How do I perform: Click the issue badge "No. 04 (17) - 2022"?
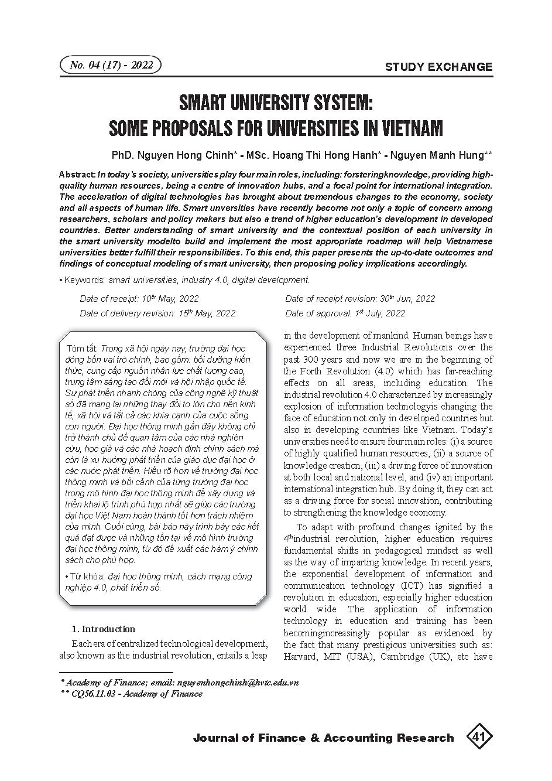[111, 65]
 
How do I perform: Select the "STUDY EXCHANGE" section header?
[438, 67]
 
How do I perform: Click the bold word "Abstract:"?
[78, 175]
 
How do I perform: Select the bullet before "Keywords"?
[61, 281]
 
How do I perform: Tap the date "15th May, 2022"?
[207, 313]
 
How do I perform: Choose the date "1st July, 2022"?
[380, 313]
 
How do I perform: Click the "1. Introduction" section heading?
[103, 629]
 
